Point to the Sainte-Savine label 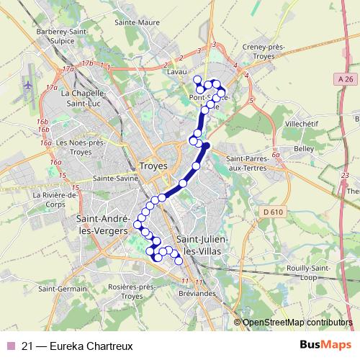[x=117, y=177]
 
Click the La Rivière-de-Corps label [x=54, y=199]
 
